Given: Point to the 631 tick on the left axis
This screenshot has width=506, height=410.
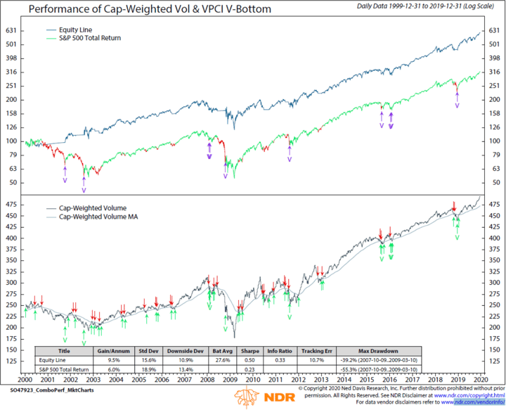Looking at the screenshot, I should point(12,31).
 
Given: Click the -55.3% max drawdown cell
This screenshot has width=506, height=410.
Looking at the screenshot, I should point(379,369).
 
